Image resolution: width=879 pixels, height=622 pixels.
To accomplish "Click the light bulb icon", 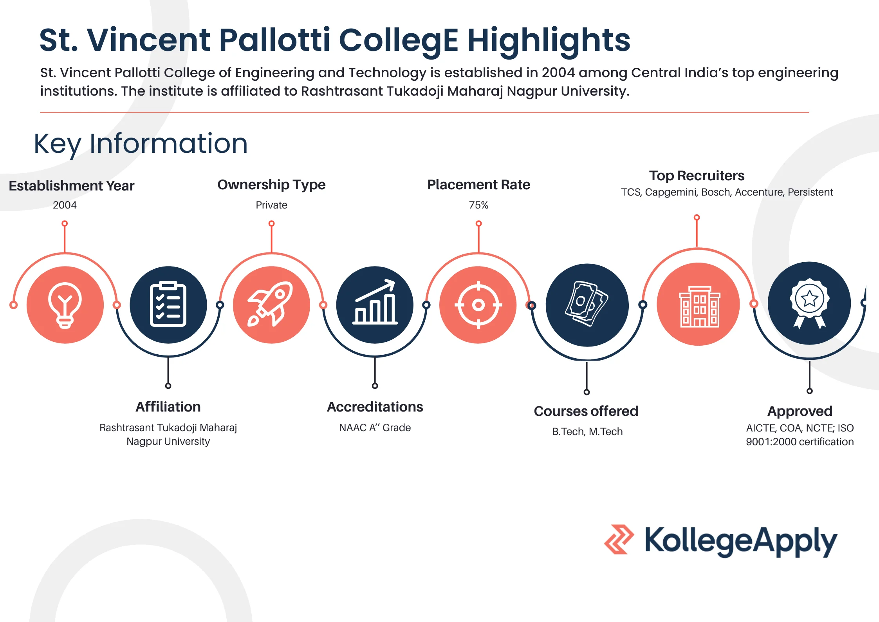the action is [x=65, y=305].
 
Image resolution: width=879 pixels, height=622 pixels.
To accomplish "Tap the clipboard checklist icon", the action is [x=168, y=304].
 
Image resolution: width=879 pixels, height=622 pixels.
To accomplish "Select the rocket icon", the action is [x=271, y=304].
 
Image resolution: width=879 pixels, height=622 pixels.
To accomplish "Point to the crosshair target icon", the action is [x=478, y=305].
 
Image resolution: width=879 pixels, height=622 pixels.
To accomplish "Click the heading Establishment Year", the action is [x=72, y=186].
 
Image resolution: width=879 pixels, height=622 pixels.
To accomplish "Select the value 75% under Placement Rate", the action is [x=478, y=205].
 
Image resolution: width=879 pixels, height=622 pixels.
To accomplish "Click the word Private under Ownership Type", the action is [x=271, y=205].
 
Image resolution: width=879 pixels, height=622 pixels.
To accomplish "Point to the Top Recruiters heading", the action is [x=697, y=176].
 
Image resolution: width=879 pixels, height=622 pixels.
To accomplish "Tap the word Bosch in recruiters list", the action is [x=717, y=192].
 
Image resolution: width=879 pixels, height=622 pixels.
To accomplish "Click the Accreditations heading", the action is [x=375, y=407].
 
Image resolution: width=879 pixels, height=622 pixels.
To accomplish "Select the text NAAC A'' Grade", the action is [x=375, y=428].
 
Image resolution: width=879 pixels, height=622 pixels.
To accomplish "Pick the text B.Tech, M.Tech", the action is [x=587, y=432].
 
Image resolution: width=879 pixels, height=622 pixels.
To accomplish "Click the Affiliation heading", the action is [x=168, y=407].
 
